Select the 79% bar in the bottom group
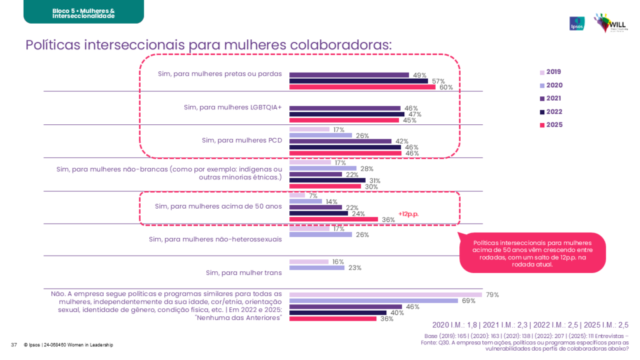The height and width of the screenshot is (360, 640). [385, 294]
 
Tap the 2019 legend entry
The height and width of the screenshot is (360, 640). [551, 72]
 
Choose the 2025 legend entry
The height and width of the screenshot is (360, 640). [551, 125]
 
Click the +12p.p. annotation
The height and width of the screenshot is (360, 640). [409, 214]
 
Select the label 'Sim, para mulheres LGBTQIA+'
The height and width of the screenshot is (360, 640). [232, 107]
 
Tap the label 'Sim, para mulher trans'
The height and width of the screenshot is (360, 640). [244, 272]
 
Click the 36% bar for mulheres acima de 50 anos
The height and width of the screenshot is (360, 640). [333, 219]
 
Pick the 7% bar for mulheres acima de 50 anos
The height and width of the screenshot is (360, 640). [297, 196]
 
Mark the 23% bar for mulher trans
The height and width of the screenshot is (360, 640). [317, 267]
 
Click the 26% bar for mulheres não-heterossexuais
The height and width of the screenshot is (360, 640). [321, 235]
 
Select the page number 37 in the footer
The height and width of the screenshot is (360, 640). [14, 345]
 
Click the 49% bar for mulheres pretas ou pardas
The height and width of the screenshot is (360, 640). [349, 74]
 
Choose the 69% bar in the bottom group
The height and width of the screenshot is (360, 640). [374, 301]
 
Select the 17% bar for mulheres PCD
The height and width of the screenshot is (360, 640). [309, 129]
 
